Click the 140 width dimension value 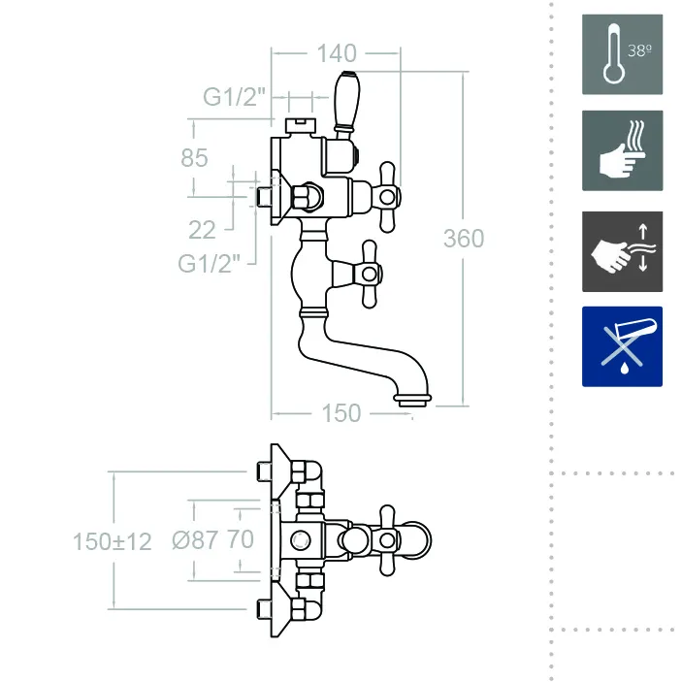pos(336,53)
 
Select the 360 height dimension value pos(463,238)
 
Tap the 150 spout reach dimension pos(340,413)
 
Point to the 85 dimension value pos(194,157)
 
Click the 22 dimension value pos(202,229)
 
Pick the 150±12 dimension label pos(113,541)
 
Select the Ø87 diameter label pos(194,540)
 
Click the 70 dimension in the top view pos(240,540)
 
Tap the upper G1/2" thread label pos(235,97)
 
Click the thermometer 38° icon pos(622,54)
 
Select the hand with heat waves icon pos(622,150)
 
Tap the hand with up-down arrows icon pos(622,251)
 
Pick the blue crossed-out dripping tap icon pos(622,346)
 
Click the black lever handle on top pos(345,101)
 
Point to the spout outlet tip pos(411,398)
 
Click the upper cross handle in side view pos(386,197)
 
